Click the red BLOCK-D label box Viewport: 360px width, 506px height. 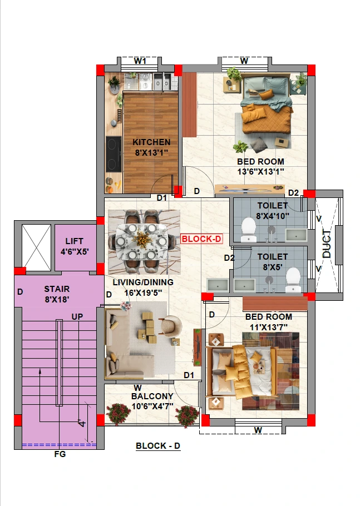[x=201, y=239]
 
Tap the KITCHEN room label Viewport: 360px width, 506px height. [x=151, y=142]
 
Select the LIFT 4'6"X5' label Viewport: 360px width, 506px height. [x=75, y=246]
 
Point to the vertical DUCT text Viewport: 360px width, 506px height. [x=327, y=244]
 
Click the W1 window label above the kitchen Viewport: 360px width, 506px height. [x=140, y=61]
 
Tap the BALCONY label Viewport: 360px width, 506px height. [x=152, y=396]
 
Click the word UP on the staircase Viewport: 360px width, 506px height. [x=77, y=317]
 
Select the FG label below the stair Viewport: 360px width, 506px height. [x=60, y=454]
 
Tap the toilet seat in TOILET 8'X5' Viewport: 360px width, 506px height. [x=293, y=280]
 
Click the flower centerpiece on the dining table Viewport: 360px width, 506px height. [x=142, y=240]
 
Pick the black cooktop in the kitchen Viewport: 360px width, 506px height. [x=114, y=155]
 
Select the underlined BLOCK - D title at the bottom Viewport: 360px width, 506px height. [x=158, y=446]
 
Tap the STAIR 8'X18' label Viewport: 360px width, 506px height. [x=57, y=294]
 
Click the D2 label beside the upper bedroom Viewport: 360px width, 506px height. [x=293, y=193]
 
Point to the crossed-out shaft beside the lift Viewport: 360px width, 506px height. [x=36, y=248]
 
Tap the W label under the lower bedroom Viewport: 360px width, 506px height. [x=258, y=430]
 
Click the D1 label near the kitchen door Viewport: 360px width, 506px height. [x=162, y=198]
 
